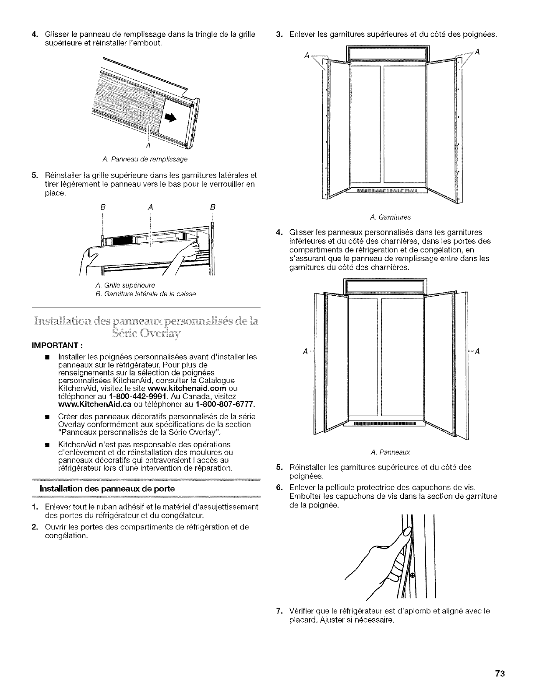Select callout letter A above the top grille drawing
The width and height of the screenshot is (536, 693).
coord(150,207)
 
